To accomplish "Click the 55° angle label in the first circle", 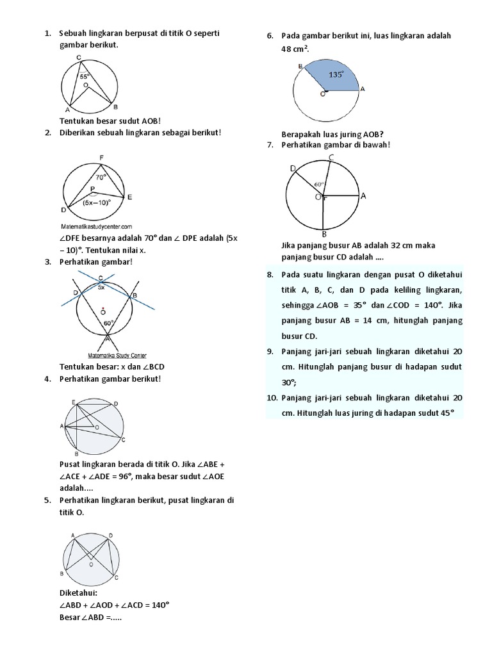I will [x=84, y=76].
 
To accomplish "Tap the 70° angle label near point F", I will [x=101, y=177].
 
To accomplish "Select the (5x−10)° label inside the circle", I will [x=97, y=202].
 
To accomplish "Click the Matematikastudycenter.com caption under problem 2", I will [x=97, y=226].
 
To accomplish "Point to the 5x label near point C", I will [x=101, y=288].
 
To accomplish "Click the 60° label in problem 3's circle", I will [x=108, y=323].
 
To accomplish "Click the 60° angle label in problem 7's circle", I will [x=319, y=184].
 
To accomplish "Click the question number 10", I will [x=272, y=398].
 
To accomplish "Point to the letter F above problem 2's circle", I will [x=101, y=158].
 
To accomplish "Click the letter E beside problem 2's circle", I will [x=129, y=197].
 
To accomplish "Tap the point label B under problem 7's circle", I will [x=325, y=234].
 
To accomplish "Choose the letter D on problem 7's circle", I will [x=293, y=168].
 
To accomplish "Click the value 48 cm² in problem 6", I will [x=295, y=49].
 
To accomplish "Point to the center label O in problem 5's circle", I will [x=91, y=565].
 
